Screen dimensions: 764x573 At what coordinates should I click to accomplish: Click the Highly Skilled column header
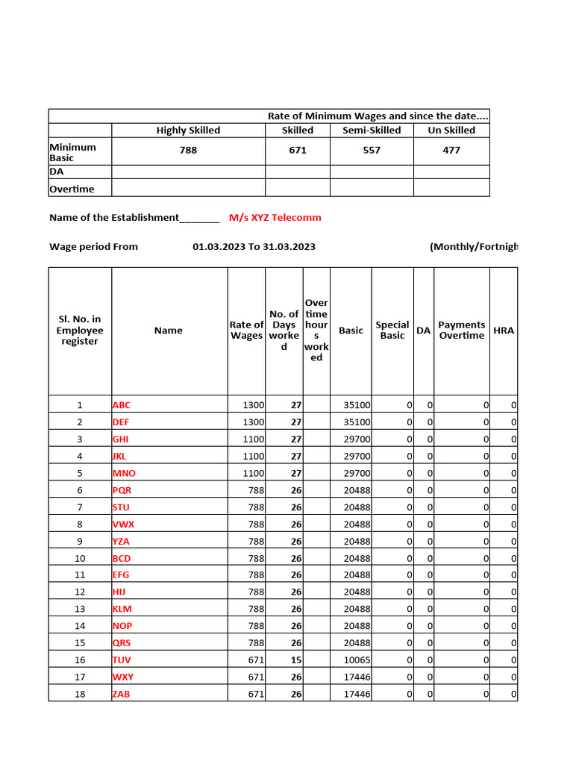(x=188, y=131)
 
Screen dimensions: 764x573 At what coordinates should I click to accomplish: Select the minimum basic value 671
(x=298, y=151)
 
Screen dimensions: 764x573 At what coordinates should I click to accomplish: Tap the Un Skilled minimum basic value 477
(x=451, y=151)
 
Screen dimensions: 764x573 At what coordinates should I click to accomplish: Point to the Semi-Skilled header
(x=372, y=131)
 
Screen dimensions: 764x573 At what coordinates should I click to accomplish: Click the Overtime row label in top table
(x=72, y=190)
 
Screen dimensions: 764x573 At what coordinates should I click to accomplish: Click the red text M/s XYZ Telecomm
(x=275, y=218)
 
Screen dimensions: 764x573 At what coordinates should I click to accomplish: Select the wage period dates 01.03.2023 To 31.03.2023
(x=254, y=247)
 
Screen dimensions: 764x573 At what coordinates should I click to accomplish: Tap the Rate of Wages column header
(x=246, y=331)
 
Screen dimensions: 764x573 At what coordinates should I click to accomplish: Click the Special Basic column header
(x=392, y=331)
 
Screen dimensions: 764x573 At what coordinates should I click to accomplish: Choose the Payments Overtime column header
(x=461, y=331)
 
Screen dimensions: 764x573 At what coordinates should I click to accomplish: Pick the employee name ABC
(x=122, y=406)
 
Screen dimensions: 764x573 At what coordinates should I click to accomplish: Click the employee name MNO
(x=125, y=474)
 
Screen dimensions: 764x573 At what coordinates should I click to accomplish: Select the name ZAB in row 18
(x=122, y=695)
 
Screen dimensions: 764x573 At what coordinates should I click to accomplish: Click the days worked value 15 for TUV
(x=295, y=660)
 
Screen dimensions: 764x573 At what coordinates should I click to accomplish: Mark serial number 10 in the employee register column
(x=80, y=559)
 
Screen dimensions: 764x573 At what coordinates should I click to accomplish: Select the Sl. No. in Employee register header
(x=80, y=331)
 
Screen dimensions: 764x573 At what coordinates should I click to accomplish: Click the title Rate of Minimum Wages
(x=378, y=116)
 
